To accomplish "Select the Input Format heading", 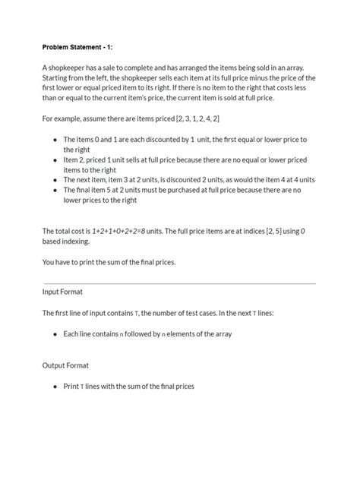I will coord(62,292).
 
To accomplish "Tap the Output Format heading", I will coord(65,365).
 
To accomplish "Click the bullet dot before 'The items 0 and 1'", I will coord(55,140).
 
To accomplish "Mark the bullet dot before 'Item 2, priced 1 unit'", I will coord(55,161).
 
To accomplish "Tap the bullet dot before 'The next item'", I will coord(55,181).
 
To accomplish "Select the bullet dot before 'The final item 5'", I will coord(55,191).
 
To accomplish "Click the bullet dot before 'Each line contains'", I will coord(55,334).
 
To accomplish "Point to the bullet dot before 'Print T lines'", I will coord(55,387).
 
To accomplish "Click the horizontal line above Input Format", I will coord(179,283).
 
